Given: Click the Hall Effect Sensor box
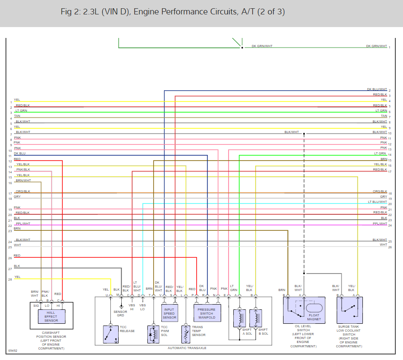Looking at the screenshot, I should [51, 316].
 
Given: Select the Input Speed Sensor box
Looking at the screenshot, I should [169, 313].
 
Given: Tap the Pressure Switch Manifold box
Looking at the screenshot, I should [206, 313].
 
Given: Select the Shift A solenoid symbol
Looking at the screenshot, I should [239, 319].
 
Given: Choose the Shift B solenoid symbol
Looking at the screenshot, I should [259, 319].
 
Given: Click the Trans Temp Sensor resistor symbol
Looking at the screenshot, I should [186, 334].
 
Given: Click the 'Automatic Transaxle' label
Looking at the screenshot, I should [187, 348].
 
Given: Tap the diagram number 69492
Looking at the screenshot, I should [13, 350].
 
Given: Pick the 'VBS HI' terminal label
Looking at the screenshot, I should [132, 307].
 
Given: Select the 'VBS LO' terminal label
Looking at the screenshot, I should [143, 307].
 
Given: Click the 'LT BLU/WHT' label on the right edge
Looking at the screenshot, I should [377, 202].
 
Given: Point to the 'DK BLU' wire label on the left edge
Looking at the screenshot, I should [20, 154].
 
